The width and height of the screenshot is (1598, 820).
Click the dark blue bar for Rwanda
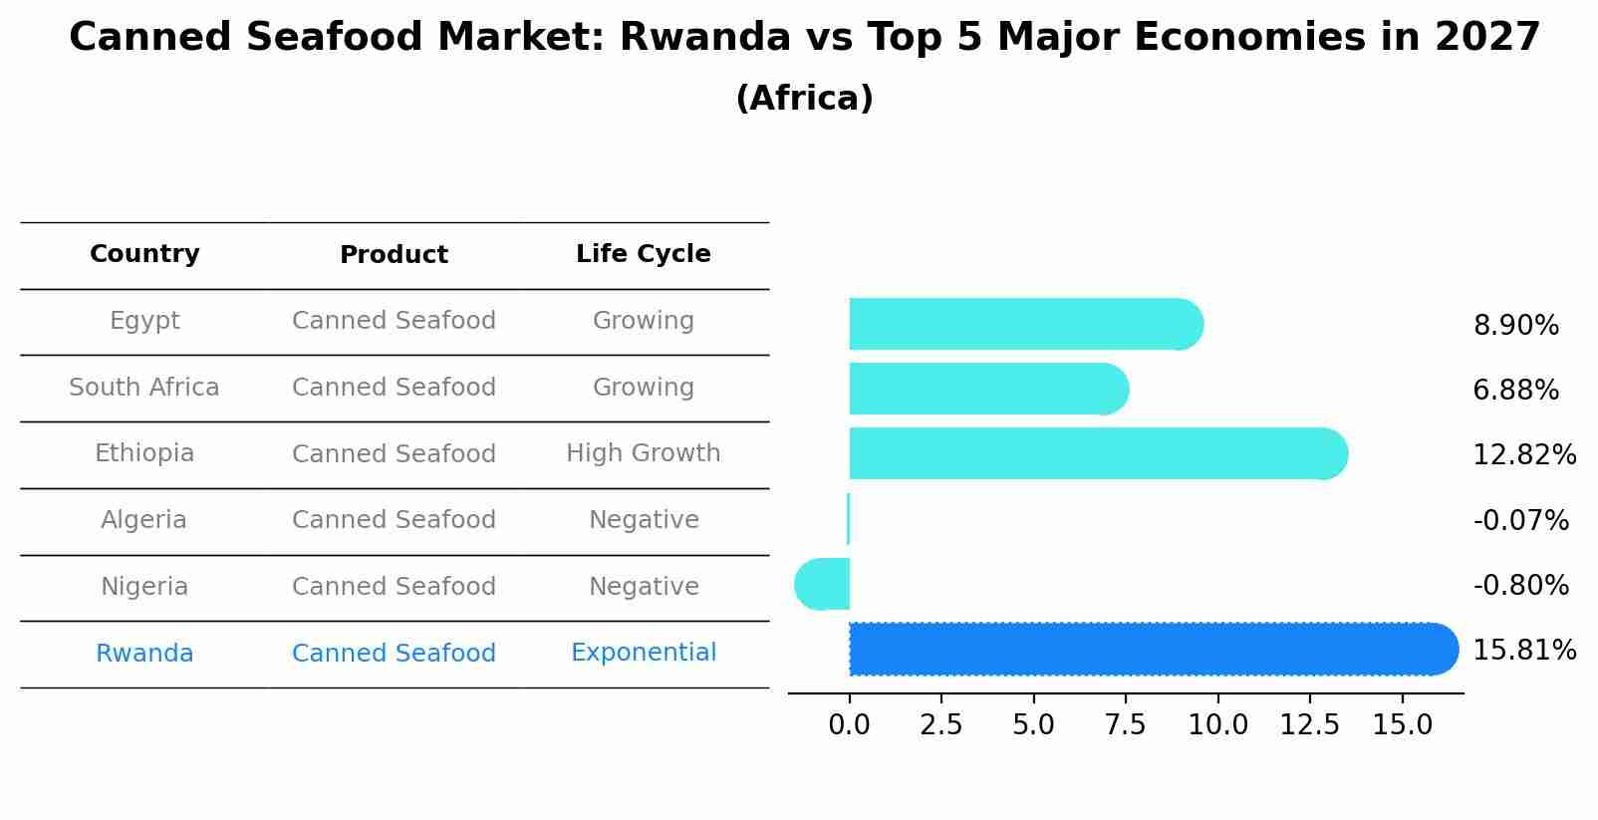1146,649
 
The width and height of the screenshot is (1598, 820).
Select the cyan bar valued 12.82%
1096,453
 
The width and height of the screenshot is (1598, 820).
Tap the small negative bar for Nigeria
824,584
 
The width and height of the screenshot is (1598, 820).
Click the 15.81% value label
1523,651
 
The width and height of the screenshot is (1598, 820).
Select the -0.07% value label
1520,520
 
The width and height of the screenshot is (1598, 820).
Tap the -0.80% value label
1520,585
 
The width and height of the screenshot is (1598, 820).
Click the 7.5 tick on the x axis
1125,725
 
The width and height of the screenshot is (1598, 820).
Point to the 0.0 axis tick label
849,725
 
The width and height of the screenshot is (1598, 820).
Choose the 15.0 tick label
1402,725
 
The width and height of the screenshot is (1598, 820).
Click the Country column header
144,254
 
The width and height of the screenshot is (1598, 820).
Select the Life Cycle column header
643,254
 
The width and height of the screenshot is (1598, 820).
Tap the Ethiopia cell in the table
144,453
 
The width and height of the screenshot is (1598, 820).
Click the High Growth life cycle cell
643,453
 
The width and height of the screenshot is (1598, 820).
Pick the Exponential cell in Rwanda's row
643,653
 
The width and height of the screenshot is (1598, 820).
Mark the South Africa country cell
144,388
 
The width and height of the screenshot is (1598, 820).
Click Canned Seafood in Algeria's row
394,520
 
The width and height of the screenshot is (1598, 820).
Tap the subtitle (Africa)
804,99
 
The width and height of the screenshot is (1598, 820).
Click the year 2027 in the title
1487,38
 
